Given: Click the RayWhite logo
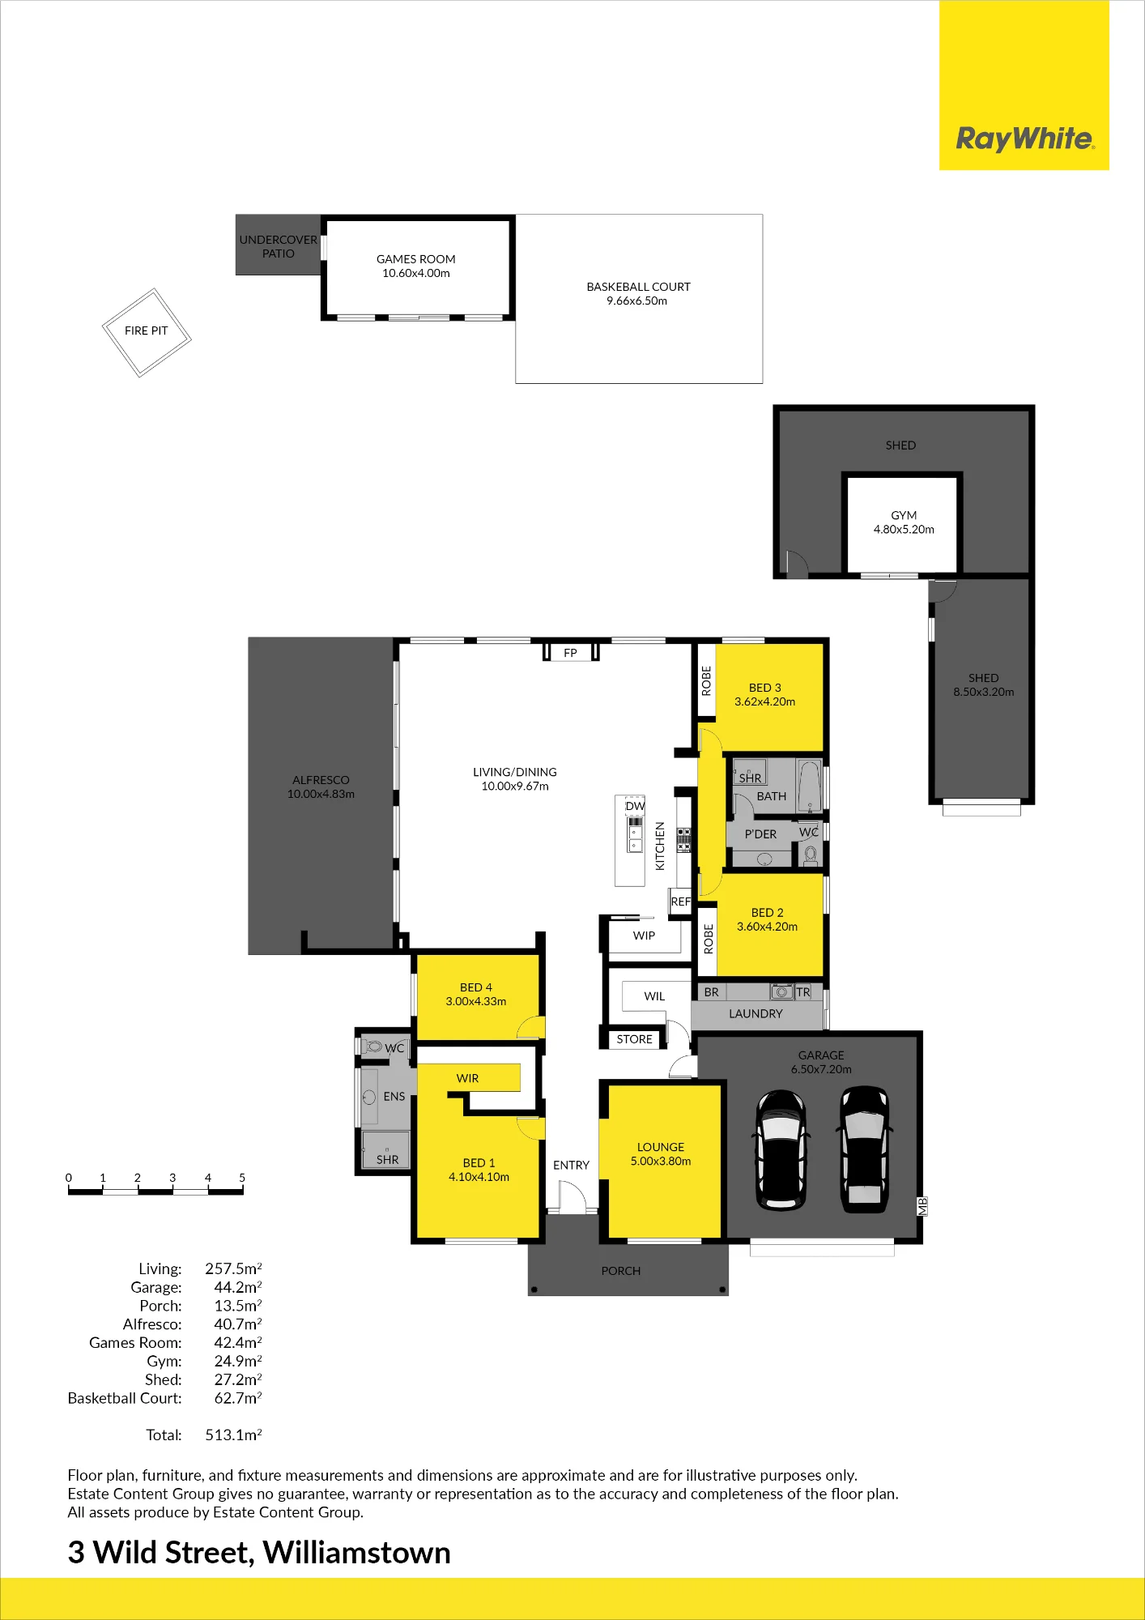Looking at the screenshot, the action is coord(1024,139).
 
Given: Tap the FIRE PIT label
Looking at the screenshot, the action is coord(147,330).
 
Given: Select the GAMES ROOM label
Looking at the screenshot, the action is coord(416,259).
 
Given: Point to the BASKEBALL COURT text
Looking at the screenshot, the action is coord(638,287).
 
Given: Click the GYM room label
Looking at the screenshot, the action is coord(904,515).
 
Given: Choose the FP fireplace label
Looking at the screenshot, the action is coord(570,653).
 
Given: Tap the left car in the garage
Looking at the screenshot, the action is coord(781,1150).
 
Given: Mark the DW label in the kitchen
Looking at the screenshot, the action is coord(635,806).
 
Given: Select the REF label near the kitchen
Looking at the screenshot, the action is coord(681,902).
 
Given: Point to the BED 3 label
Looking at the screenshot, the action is coord(765,688).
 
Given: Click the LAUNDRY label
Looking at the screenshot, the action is coord(756,1013).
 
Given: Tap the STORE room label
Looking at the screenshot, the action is coord(634,1039).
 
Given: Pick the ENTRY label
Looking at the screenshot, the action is coord(571,1165).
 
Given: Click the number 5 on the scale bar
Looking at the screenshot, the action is coord(242,1178).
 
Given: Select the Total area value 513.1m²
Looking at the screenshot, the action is coord(233,1435).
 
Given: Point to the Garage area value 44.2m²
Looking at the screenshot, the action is coord(238,1287).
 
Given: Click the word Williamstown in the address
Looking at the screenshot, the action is coord(357,1553).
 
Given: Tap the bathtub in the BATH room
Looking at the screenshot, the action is coord(809,786).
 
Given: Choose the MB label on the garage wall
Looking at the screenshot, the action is coord(922,1206).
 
